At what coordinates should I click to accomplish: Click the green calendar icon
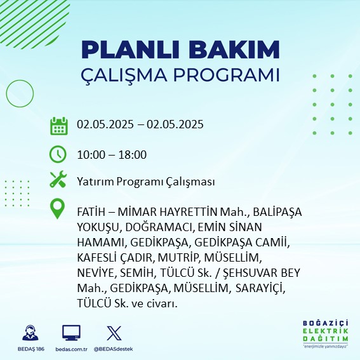[x=59, y=126]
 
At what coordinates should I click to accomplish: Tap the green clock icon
[x=58, y=154]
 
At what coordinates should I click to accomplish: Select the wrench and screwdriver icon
[x=58, y=179]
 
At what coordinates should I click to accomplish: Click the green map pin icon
[x=57, y=208]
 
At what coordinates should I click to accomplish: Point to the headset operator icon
[x=30, y=333]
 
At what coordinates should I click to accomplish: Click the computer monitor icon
[x=71, y=333]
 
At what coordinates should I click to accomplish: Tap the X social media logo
[x=114, y=333]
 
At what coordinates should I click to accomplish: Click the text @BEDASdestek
[x=113, y=349]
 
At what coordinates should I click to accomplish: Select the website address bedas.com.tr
[x=71, y=349]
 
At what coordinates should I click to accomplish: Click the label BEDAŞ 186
[x=30, y=349]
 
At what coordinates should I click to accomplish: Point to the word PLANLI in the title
[x=130, y=50]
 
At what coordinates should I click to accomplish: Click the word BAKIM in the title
[x=234, y=50]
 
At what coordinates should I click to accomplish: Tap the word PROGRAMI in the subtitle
[x=227, y=75]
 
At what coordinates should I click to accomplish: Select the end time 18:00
[x=133, y=155]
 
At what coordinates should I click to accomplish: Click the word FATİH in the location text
[x=91, y=212]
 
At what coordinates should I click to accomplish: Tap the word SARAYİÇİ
[x=260, y=288]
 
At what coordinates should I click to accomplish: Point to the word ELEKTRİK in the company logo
[x=326, y=331]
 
